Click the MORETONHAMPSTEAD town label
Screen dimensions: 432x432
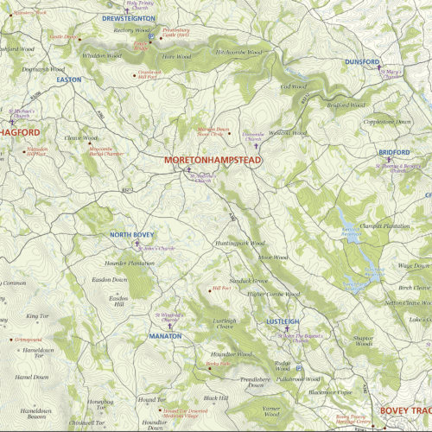[x=213, y=161]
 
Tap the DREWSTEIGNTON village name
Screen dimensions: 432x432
[x=128, y=17]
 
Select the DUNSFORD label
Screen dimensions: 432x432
[x=362, y=62]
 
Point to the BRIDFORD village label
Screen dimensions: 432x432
[x=393, y=152]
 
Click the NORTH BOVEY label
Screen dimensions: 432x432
[x=131, y=235]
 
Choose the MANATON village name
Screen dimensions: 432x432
[x=164, y=335]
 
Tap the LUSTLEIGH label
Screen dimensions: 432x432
[x=282, y=321]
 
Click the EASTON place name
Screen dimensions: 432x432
[x=68, y=79]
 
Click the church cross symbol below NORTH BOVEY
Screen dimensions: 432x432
[x=136, y=245]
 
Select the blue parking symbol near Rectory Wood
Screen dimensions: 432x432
[x=151, y=37]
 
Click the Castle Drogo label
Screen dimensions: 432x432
[x=63, y=37]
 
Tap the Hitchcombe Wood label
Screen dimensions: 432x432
[x=239, y=52]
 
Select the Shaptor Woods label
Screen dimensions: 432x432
[x=362, y=340]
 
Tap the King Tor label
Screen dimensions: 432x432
[x=37, y=316]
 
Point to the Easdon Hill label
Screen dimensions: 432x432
[x=119, y=300]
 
